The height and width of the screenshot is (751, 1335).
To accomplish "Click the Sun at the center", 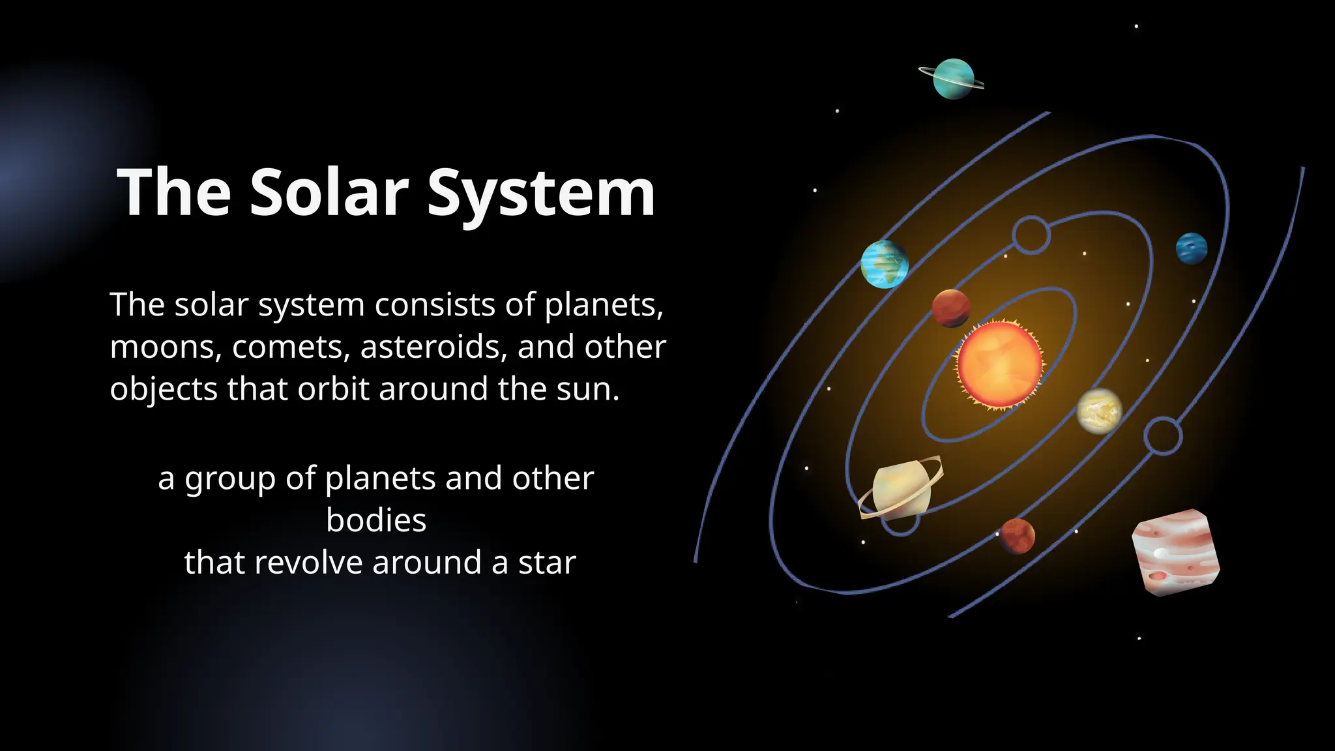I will pos(999,366).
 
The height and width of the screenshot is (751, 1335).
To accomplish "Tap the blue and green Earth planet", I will pos(884,264).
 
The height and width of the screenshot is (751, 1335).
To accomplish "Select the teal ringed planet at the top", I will pos(953,79).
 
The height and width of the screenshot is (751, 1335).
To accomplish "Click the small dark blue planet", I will pos(1191,248).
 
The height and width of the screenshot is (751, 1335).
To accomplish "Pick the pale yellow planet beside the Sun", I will pos(1099,411).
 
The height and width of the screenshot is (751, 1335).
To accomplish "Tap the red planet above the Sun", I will pos(951,308).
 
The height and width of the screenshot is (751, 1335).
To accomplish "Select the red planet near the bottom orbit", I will pos(1017,536).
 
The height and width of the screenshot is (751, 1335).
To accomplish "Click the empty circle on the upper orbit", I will pos(1031,235).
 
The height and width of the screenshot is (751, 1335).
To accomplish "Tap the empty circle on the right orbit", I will pos(1163,436).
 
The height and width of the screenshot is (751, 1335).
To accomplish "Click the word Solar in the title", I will pos(329,192).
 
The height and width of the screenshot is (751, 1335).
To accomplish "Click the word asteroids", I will pos(433,347).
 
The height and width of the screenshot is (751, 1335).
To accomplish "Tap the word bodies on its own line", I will pos(376,520).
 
